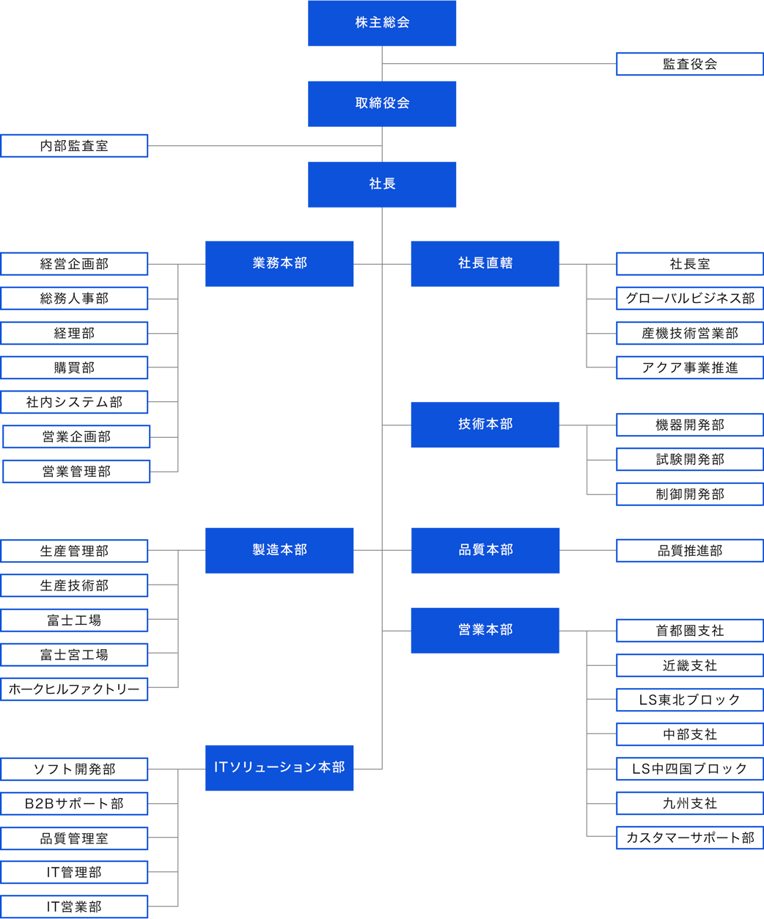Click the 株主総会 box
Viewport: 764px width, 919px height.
pos(381,23)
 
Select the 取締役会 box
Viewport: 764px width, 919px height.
pos(381,103)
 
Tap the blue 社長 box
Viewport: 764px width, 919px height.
pos(381,184)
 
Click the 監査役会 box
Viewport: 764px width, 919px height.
pos(689,64)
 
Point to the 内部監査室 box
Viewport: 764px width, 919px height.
pos(74,145)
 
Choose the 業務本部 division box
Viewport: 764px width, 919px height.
pos(279,263)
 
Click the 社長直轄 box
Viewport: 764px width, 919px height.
pos(485,263)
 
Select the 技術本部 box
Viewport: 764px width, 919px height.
pos(485,424)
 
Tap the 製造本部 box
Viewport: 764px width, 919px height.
pos(279,550)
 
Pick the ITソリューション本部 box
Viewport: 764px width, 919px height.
pos(279,767)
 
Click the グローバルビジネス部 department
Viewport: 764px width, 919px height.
pos(689,298)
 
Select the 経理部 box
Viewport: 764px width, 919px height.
pos(74,333)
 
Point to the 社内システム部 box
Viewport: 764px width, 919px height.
pos(74,402)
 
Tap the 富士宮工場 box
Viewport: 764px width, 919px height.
pos(74,654)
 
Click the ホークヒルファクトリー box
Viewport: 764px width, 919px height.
pos(74,689)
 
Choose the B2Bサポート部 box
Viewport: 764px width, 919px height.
pos(74,803)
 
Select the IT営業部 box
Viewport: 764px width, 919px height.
pos(74,907)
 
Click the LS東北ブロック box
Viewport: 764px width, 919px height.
pos(689,700)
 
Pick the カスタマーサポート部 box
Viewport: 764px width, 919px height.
pos(689,838)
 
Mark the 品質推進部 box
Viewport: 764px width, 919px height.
pos(689,550)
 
